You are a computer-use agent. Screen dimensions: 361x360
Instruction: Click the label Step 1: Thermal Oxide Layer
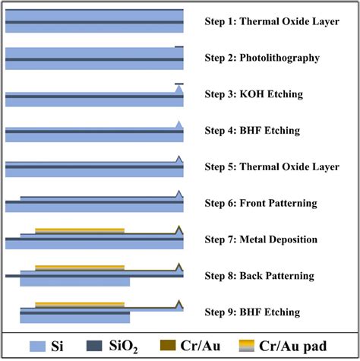coord(272,21)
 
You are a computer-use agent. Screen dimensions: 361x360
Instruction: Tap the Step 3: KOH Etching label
coord(254,94)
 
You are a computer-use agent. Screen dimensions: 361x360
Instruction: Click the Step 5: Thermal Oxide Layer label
coord(272,166)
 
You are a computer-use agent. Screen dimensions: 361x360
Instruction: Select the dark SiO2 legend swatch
coord(103,347)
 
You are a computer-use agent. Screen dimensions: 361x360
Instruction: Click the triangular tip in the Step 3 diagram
coord(179,90)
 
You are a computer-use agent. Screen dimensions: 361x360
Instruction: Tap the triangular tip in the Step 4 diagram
coord(179,125)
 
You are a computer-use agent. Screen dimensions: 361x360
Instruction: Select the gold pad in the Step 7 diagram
coord(80,230)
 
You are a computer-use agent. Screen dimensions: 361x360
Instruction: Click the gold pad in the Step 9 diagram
coord(80,304)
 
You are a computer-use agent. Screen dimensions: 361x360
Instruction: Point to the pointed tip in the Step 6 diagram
coord(179,195)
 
